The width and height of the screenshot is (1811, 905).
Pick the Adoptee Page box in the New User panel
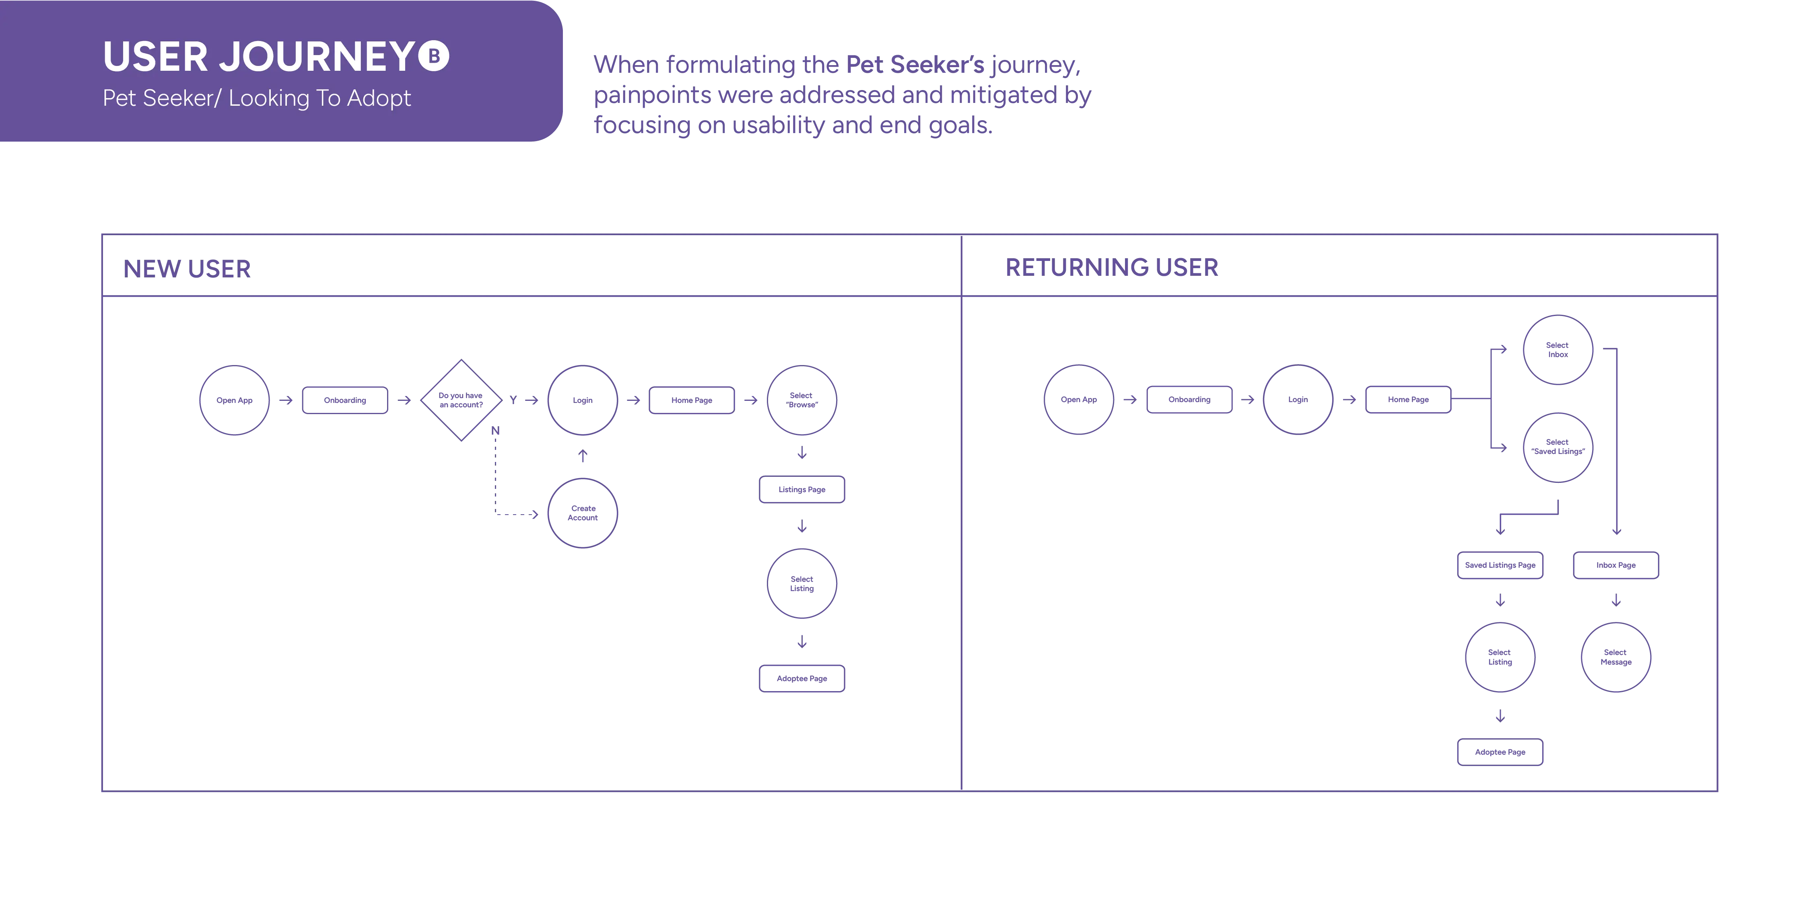tap(801, 679)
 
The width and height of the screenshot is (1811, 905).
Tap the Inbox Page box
tap(1615, 565)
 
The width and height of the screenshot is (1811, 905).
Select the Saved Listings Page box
tap(1500, 565)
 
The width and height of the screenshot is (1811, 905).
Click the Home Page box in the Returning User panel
tap(1408, 400)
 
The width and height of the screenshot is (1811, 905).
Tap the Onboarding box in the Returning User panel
tap(1189, 400)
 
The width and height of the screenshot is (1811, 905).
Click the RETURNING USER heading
tap(1111, 268)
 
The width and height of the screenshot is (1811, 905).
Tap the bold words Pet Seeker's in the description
tap(915, 65)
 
